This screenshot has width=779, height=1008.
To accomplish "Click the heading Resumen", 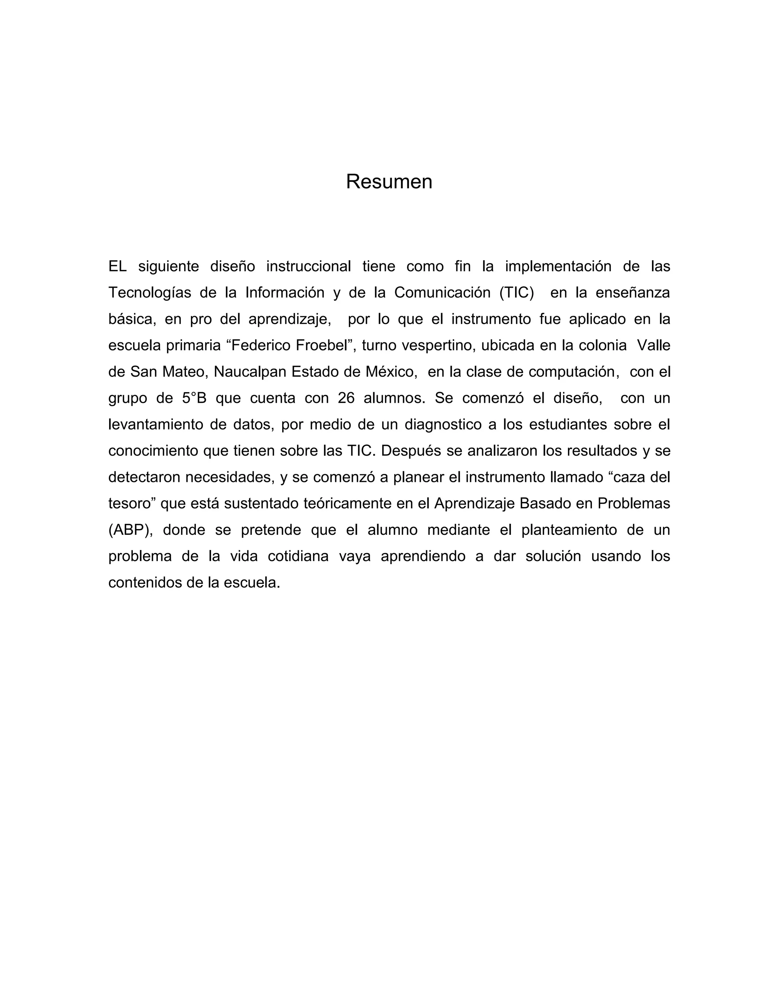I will point(389,182).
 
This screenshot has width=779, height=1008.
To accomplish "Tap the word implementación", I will point(558,266).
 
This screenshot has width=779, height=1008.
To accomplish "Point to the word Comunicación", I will point(442,293).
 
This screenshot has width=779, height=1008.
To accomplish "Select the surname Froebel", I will point(321,345).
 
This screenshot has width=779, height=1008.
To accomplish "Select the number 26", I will point(346,398).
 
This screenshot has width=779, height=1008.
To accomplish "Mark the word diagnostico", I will point(444,424).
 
